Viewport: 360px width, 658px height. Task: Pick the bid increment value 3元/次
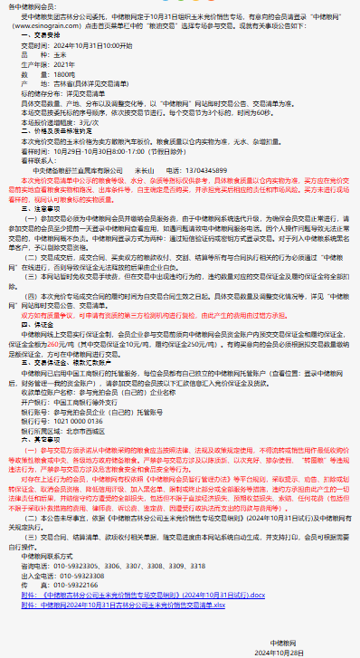click(x=89, y=120)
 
